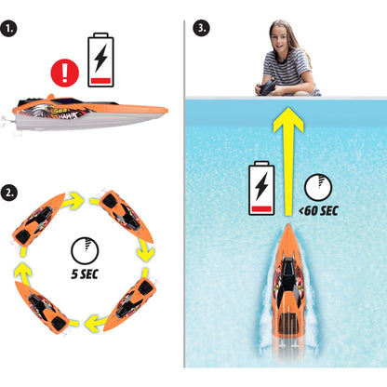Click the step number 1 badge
point(8,29)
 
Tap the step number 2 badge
point(9,193)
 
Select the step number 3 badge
point(201,28)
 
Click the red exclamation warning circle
point(65,73)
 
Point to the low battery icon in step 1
point(100,60)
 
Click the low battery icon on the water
point(261,188)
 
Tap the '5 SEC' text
point(85,274)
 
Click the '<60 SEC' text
point(318,211)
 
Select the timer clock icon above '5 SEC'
point(85,251)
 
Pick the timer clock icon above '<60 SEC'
point(318,188)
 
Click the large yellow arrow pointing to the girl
point(288,161)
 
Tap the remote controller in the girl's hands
point(268,87)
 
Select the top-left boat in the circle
point(38,220)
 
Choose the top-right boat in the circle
point(126,216)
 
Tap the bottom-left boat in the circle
point(42,308)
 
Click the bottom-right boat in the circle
point(130,304)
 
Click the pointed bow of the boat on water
point(288,224)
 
